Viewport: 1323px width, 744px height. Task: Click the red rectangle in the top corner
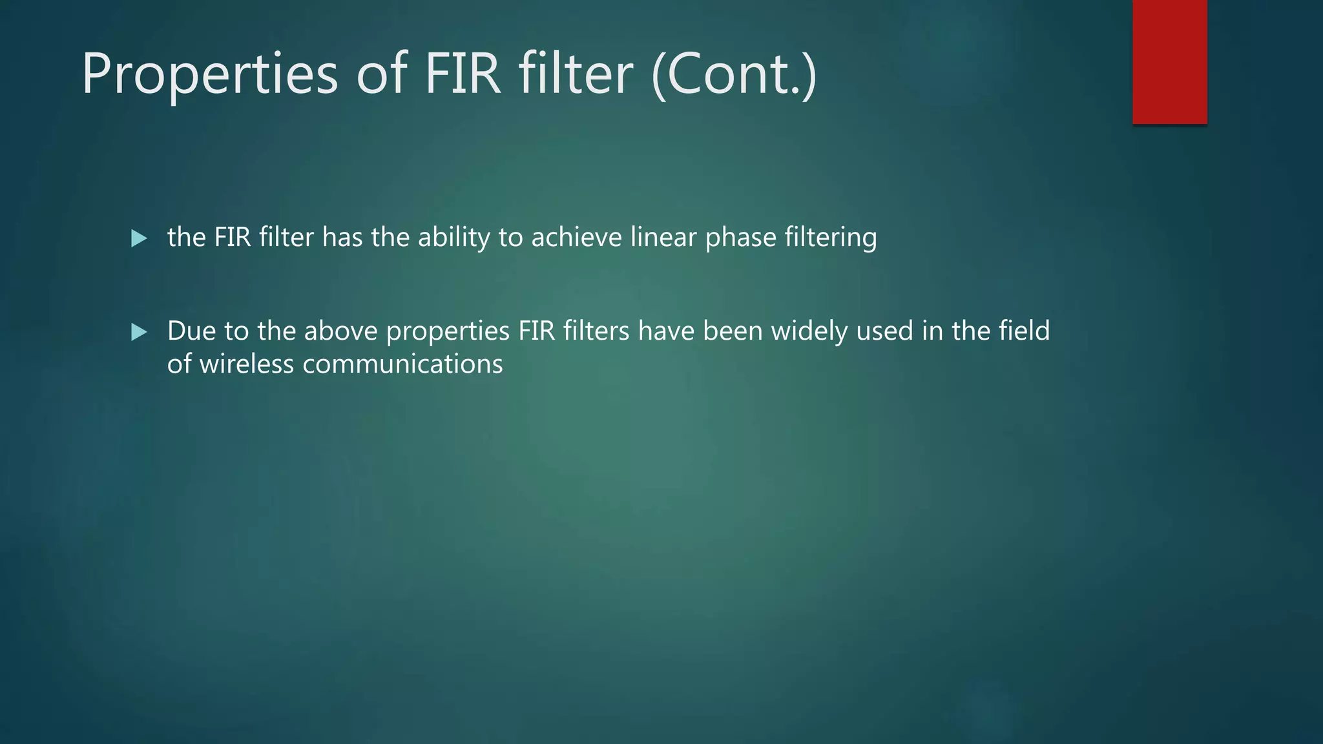pos(1169,62)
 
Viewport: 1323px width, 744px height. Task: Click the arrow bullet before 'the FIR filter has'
pos(139,238)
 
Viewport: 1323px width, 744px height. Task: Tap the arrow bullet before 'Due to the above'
pos(139,332)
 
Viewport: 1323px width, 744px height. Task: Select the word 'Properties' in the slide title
pos(209,74)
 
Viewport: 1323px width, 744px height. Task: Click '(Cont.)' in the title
pos(734,74)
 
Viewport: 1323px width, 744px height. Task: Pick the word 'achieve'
pos(576,237)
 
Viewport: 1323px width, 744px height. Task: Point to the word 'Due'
pos(191,331)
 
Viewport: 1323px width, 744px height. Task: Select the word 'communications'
pos(402,364)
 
